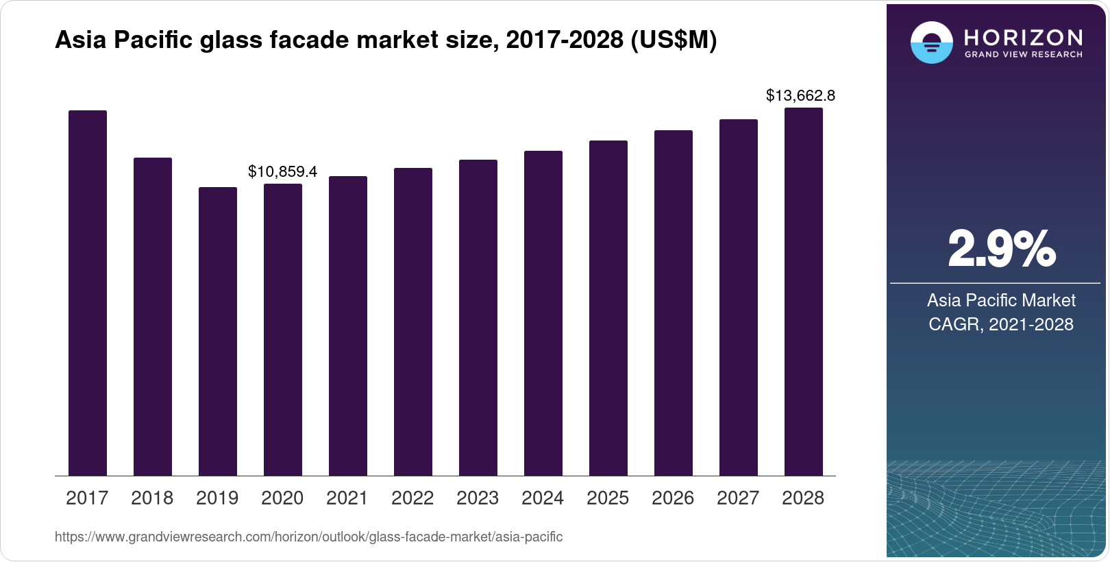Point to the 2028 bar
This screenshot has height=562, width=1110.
click(803, 291)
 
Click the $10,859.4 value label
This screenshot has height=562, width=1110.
click(282, 171)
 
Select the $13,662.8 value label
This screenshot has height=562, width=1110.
click(800, 95)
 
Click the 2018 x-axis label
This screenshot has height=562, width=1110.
click(152, 498)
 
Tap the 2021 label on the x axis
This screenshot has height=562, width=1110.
click(347, 498)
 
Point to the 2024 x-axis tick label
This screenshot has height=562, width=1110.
click(543, 498)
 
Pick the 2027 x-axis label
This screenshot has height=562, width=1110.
click(738, 498)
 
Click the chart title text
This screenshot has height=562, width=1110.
click(385, 41)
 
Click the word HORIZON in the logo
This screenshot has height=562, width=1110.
click(1023, 37)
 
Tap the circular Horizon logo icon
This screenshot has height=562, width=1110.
click(931, 43)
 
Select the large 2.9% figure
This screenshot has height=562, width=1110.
click(1001, 249)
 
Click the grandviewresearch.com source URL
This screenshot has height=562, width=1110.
click(308, 537)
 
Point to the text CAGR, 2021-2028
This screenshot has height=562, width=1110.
click(1001, 324)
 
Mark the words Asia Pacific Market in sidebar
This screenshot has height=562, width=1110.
click(1001, 300)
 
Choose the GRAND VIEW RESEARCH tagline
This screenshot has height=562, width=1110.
click(1023, 54)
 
